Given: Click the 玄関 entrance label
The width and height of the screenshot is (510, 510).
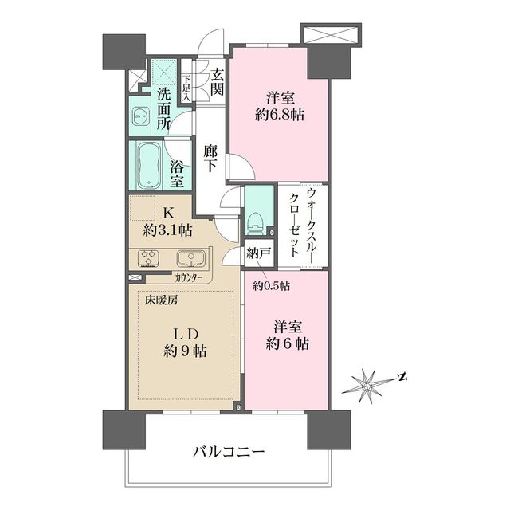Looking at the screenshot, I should pyautogui.click(x=217, y=82).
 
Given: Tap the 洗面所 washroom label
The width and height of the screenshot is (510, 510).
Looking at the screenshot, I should pyautogui.click(x=163, y=108).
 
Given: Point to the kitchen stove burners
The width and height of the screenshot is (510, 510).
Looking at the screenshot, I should pyautogui.click(x=149, y=258).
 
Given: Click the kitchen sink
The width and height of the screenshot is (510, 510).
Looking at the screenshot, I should pyautogui.click(x=190, y=258).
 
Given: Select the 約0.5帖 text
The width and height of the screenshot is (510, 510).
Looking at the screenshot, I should pyautogui.click(x=272, y=285).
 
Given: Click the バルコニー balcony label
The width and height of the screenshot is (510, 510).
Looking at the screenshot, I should pyautogui.click(x=229, y=452).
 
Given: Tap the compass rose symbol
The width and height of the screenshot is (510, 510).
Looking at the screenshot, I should pyautogui.click(x=369, y=383).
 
